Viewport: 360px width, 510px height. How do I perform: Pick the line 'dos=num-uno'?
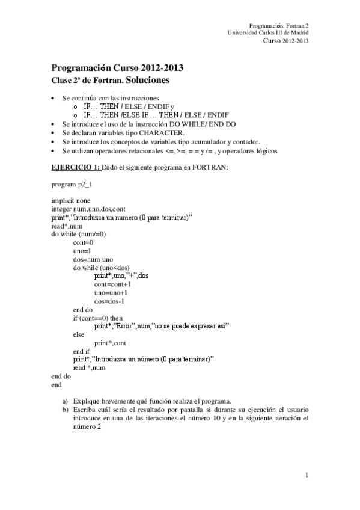pos(93,259)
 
